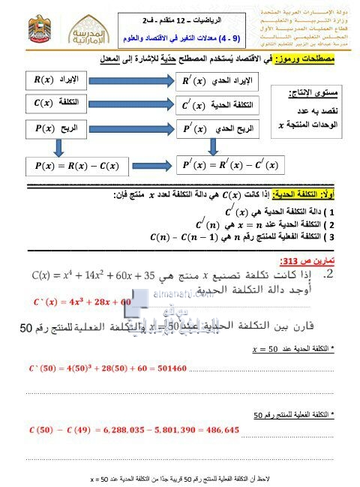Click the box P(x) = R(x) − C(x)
tap(72, 165)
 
